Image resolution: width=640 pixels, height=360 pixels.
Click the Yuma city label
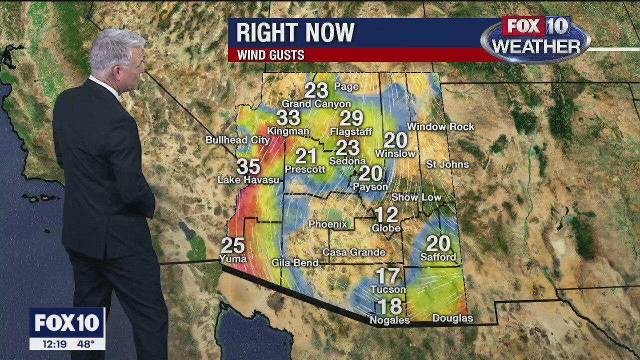coord(233,258)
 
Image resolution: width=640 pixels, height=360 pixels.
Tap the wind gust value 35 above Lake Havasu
coord(248,166)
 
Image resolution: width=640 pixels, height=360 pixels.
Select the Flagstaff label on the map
coord(351,132)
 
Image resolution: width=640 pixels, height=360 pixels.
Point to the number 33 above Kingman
coord(288,118)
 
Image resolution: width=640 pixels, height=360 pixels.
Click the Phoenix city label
coord(327,224)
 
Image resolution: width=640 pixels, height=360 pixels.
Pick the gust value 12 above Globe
coord(386,215)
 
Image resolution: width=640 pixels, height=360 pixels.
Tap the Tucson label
coord(388,289)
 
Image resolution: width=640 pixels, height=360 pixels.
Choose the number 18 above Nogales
coord(389,306)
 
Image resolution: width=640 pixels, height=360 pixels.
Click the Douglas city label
coord(452,318)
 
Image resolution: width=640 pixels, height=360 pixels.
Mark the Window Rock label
coord(440,127)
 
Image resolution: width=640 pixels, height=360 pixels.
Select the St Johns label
coord(447,164)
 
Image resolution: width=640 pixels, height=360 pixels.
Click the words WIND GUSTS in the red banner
coord(270,55)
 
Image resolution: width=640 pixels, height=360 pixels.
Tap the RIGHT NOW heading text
coord(295,33)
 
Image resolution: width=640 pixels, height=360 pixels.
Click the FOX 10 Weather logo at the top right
coord(535,39)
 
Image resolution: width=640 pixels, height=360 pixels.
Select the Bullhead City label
coord(237,140)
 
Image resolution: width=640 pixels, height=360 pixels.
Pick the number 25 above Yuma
coord(232,245)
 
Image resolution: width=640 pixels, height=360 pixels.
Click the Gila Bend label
coord(295,262)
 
